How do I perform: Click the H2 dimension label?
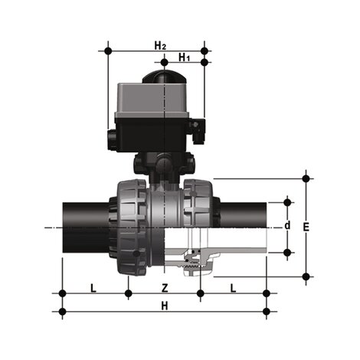159,44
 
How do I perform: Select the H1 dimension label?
185,57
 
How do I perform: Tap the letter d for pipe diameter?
287,226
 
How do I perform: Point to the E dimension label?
306,227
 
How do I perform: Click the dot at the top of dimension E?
306,178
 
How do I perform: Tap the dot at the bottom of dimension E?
306,277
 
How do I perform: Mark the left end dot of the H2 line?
109,51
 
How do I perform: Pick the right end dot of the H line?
266,312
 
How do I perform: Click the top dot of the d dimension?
288,201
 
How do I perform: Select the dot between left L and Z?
129,293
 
